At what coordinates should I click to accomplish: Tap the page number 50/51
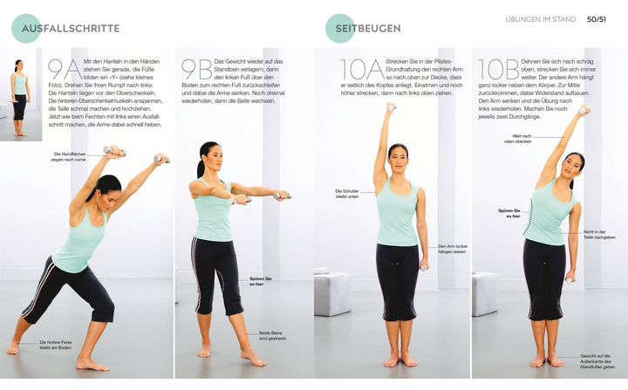[x=597, y=19]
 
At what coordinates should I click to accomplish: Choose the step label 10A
[x=361, y=70]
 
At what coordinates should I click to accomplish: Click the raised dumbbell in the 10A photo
[x=391, y=108]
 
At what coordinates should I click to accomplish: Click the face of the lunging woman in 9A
[x=104, y=188]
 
